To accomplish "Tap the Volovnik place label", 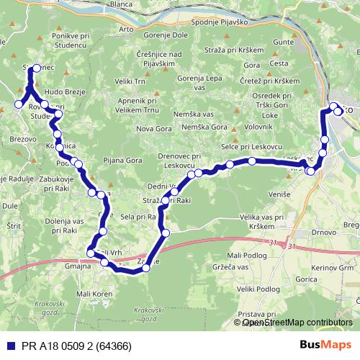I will point(258,127).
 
